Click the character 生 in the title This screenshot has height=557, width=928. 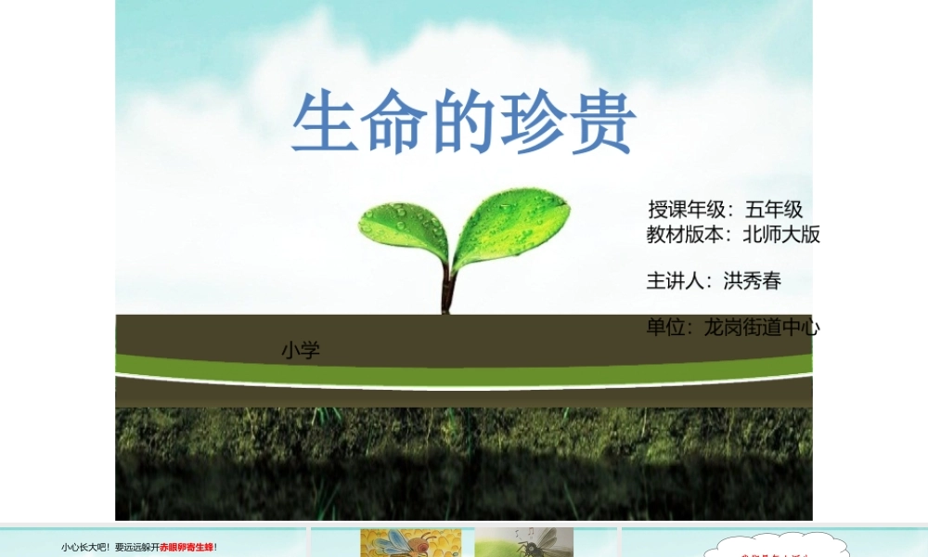tap(326, 123)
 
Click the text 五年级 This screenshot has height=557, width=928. tap(774, 210)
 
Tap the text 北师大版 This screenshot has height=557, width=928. tap(781, 235)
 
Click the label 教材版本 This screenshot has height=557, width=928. tap(685, 235)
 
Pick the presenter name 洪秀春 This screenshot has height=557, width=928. tap(753, 280)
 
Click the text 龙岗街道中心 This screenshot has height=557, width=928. tap(762, 327)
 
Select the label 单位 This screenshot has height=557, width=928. tap(665, 327)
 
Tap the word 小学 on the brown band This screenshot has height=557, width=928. tap(301, 351)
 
